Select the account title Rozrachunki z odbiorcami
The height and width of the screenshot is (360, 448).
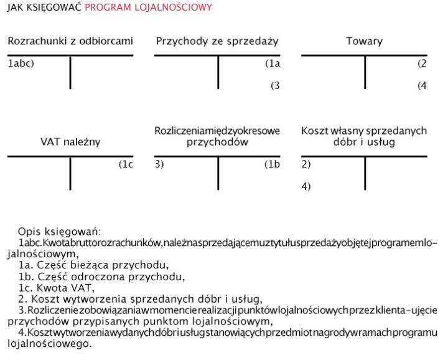pyautogui.click(x=70, y=42)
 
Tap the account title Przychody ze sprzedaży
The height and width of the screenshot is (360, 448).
pyautogui.click(x=217, y=42)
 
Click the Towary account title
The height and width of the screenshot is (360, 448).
pyautogui.click(x=364, y=42)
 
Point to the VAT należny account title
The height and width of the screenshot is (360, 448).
pyautogui.click(x=70, y=142)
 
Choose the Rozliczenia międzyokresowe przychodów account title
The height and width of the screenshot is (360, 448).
pyautogui.click(x=217, y=136)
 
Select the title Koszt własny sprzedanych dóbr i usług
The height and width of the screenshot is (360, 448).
pyautogui.click(x=364, y=136)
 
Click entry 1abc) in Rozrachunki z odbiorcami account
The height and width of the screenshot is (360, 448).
pyautogui.click(x=21, y=63)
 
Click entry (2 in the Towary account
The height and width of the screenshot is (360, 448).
pyautogui.click(x=422, y=63)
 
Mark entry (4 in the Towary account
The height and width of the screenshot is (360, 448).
pyautogui.click(x=422, y=86)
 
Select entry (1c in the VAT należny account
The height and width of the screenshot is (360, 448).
pyautogui.click(x=126, y=164)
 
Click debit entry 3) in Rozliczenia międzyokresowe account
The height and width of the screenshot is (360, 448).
pyautogui.click(x=160, y=164)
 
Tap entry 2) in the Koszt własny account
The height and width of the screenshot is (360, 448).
pyautogui.click(x=306, y=164)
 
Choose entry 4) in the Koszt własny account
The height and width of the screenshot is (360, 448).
pyautogui.click(x=306, y=186)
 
